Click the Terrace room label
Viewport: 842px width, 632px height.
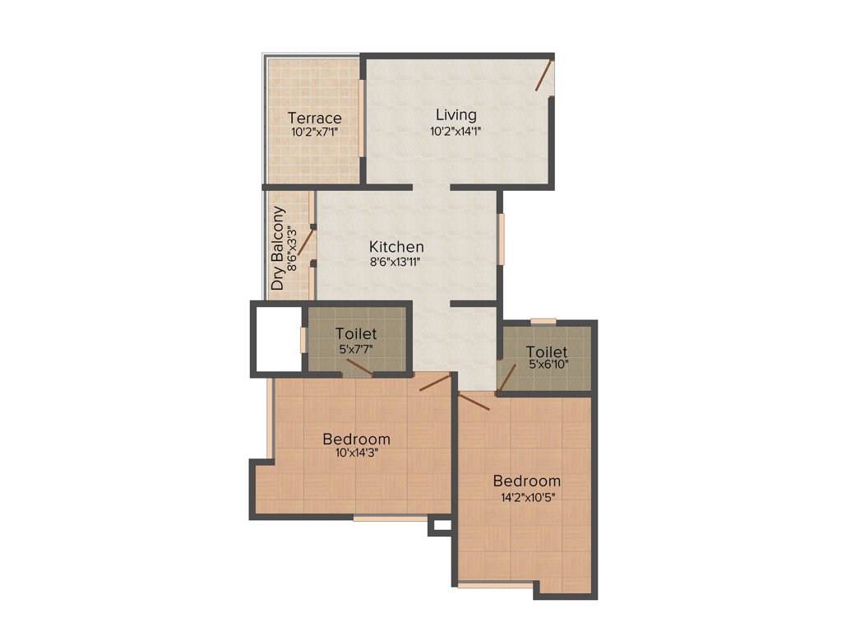(314, 118)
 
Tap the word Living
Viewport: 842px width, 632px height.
(456, 114)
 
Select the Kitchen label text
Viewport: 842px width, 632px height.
(396, 246)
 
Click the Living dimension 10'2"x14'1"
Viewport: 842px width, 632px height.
(456, 131)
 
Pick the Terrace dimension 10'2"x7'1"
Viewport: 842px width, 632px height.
(314, 132)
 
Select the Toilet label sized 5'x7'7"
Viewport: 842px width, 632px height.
(356, 333)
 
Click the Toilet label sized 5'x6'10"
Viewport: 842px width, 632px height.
(547, 351)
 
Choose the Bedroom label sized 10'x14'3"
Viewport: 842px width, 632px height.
(356, 438)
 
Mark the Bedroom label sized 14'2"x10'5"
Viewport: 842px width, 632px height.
(526, 481)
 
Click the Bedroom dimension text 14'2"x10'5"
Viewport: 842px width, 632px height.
(526, 496)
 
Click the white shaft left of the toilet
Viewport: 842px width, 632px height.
(276, 339)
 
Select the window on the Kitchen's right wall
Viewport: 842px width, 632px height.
(502, 239)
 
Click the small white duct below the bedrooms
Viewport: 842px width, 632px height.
(440, 524)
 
